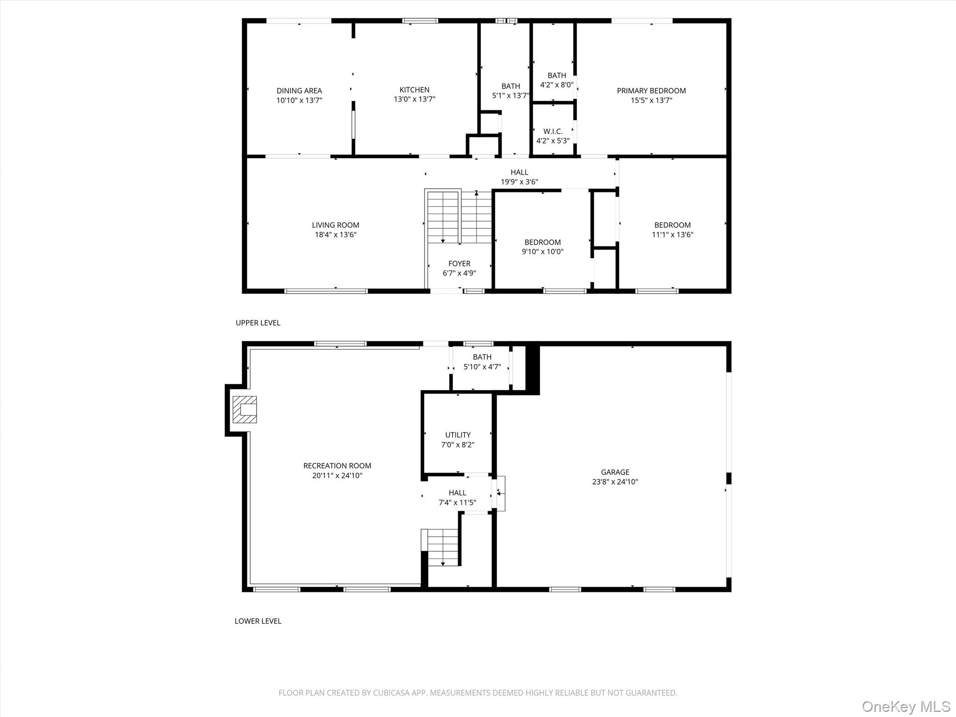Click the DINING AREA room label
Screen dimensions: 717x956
[299, 91]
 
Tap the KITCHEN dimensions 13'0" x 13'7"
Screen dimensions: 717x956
[414, 99]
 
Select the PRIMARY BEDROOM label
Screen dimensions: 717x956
[651, 91]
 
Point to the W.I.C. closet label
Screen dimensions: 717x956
[553, 132]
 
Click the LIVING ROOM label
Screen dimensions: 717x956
[336, 225]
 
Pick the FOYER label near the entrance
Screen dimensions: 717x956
[459, 264]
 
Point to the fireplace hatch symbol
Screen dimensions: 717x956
[245, 409]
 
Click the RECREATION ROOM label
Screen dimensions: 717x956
[337, 466]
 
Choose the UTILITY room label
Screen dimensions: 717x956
[457, 435]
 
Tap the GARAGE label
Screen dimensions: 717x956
[615, 472]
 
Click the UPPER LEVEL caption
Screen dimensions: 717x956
[258, 323]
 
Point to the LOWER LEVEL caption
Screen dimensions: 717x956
[258, 621]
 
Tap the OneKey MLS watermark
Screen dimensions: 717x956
[906, 706]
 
